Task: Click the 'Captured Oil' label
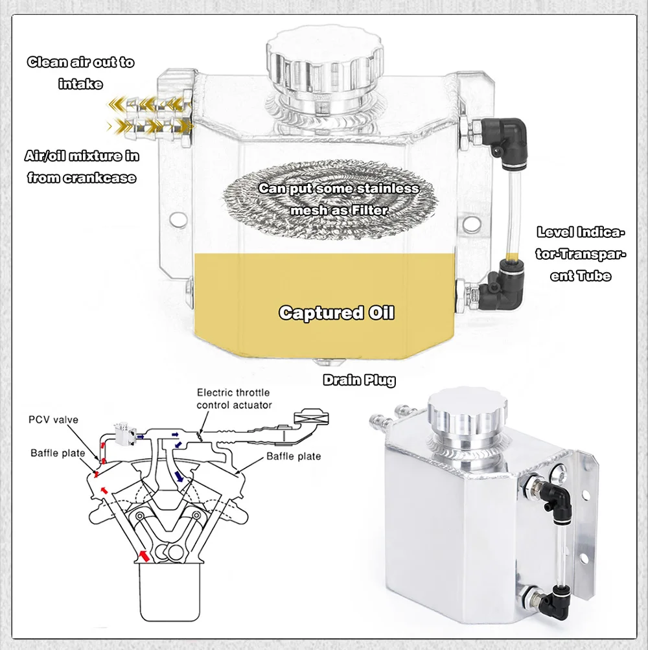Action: click(336, 313)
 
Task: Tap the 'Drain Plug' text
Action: click(359, 380)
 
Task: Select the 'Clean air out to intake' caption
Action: click(80, 73)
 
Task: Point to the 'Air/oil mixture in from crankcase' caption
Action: click(82, 167)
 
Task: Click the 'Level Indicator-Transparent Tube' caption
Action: click(582, 254)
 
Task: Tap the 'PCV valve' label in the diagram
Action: click(54, 420)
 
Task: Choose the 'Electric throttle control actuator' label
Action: click(233, 399)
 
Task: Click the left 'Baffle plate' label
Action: click(58, 453)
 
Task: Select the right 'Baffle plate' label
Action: click(294, 456)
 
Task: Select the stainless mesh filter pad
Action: click(337, 201)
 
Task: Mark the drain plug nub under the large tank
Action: click(322, 364)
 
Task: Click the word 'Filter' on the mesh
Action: click(370, 211)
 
